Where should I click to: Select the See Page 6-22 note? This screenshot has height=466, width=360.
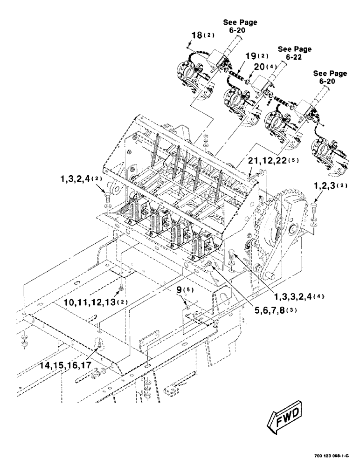point(295,53)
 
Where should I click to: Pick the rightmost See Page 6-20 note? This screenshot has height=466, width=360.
point(330,77)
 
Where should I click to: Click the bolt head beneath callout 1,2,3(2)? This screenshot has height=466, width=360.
point(313,206)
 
